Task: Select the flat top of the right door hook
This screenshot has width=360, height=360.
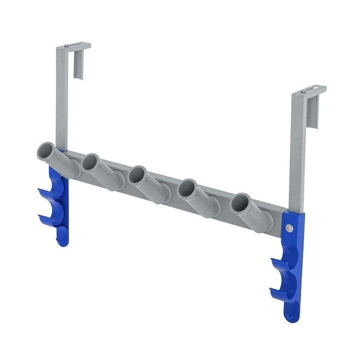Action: [310, 90]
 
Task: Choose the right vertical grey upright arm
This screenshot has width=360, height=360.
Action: [297, 150]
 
